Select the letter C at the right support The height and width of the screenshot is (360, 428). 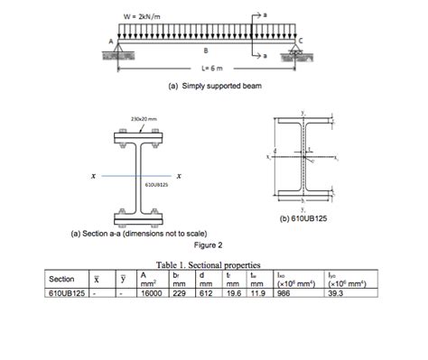(311, 42)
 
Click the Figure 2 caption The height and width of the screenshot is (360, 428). (208, 244)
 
